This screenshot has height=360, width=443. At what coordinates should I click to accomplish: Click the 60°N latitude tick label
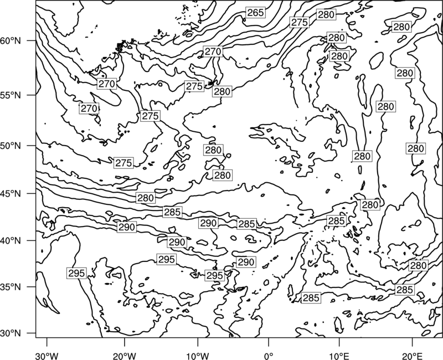coord(11,41)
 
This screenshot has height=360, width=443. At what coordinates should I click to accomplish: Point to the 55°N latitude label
coord(11,95)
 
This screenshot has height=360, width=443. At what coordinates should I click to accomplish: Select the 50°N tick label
coord(11,146)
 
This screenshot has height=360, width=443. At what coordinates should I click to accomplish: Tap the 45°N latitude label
coord(11,193)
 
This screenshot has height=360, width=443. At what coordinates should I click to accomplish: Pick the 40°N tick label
coord(11,241)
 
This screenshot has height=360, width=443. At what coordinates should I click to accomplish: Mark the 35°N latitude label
coord(11,287)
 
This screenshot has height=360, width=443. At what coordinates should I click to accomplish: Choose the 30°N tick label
coord(11,333)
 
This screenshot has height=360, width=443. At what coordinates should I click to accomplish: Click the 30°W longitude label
coord(47,354)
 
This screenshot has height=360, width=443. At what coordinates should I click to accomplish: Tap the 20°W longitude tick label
coord(124,354)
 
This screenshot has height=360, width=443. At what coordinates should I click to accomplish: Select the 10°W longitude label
coord(198,354)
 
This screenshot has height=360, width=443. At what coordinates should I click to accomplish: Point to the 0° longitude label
coord(268,354)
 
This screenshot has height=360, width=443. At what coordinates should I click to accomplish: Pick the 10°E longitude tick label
coord(339,354)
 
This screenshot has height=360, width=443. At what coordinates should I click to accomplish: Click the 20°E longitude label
coord(412,354)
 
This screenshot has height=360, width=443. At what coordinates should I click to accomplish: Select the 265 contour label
coord(255,13)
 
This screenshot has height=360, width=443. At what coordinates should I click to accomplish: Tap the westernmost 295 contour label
coord(76,273)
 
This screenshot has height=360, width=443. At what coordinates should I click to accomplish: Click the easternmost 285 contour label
coord(405,290)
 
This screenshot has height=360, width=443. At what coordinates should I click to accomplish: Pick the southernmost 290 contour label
coord(246,262)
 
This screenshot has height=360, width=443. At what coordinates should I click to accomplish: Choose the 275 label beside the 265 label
coord(300,22)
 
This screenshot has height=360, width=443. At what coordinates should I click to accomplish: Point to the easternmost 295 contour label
coord(215,275)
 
